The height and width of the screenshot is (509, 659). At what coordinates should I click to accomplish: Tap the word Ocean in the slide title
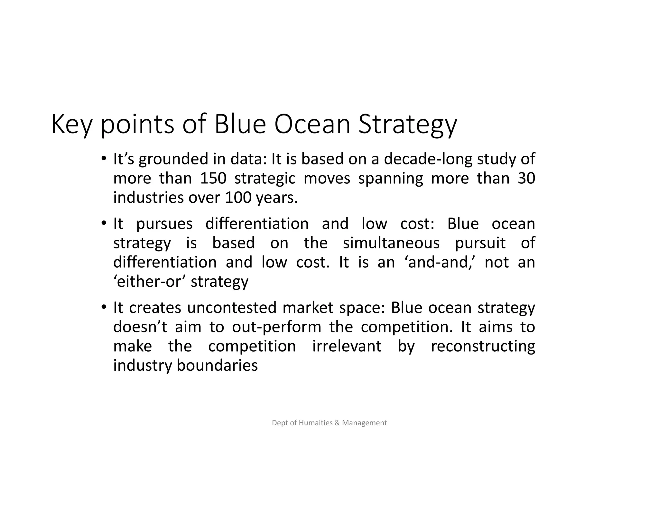(312, 125)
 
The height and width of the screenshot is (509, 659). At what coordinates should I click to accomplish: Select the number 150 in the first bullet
(213, 178)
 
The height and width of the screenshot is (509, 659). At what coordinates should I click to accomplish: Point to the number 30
(526, 178)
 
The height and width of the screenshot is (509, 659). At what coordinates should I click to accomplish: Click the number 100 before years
(238, 198)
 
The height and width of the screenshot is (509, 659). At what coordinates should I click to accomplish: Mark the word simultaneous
(391, 243)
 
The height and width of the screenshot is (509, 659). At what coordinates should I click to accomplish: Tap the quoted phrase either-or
(149, 282)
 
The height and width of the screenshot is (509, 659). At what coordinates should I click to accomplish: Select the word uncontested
(232, 308)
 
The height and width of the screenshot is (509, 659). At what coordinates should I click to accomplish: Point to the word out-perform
(277, 327)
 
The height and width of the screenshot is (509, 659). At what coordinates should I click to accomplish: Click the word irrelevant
(347, 347)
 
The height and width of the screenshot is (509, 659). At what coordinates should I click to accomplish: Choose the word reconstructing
(483, 347)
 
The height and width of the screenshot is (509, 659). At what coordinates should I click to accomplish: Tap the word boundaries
(217, 366)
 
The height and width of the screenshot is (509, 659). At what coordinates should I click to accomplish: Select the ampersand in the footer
(337, 423)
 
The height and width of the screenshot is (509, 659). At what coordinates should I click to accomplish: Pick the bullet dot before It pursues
(103, 223)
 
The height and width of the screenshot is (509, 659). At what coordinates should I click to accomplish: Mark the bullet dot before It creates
(103, 307)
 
